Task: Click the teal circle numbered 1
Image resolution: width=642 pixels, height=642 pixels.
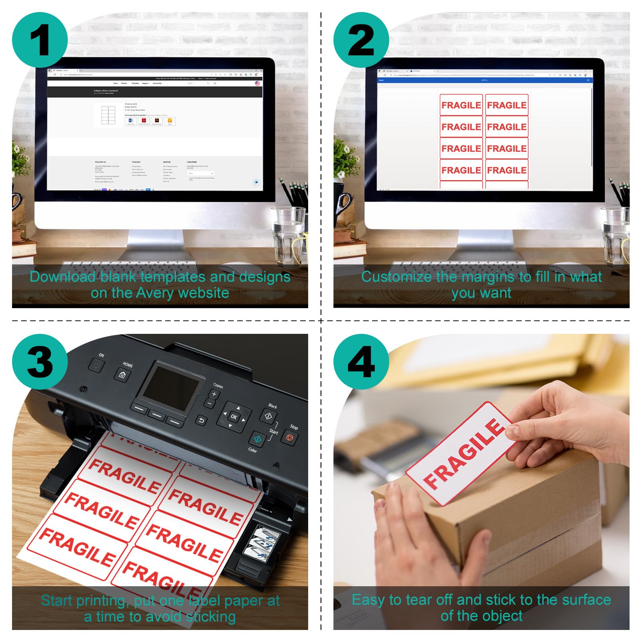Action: [x=40, y=40]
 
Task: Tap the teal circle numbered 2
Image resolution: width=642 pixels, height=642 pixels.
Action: [x=361, y=40]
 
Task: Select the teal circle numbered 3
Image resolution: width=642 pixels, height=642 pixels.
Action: [x=40, y=362]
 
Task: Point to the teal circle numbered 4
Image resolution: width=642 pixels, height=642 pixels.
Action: [x=361, y=362]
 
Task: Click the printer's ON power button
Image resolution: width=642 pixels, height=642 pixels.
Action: [x=96, y=365]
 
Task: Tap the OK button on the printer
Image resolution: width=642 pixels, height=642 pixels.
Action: [x=234, y=417]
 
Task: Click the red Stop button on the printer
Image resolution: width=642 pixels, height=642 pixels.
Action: [x=289, y=437]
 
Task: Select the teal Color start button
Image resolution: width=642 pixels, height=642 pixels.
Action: [x=258, y=439]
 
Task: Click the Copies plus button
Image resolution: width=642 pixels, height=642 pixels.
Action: [x=214, y=394]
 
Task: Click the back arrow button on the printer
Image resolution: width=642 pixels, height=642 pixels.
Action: [x=202, y=420]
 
